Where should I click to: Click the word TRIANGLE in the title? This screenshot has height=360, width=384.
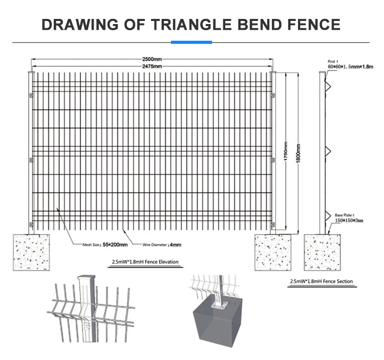tap(191, 25)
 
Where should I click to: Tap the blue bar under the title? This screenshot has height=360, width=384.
tap(191, 42)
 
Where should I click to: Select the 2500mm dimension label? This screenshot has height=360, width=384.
tap(152, 59)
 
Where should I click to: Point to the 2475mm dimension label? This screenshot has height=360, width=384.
tap(152, 66)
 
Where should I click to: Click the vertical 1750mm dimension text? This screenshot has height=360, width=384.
tap(286, 151)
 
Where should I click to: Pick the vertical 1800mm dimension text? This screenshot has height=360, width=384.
tap(298, 153)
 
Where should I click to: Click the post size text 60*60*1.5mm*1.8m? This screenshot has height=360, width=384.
tap(350, 66)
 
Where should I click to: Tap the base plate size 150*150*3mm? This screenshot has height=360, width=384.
tap(349, 220)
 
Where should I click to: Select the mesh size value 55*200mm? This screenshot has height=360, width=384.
tap(115, 244)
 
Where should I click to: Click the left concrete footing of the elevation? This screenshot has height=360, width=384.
tap(31, 253)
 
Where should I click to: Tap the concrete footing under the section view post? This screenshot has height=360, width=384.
tap(322, 253)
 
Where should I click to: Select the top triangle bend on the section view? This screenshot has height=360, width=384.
tap(328, 86)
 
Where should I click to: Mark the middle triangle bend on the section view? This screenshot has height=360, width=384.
tap(328, 151)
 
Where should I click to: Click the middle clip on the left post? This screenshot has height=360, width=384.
tap(31, 160)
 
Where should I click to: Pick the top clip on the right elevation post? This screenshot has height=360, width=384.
tap(273, 95)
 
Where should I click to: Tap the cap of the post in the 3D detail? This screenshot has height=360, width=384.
tap(86, 277)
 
